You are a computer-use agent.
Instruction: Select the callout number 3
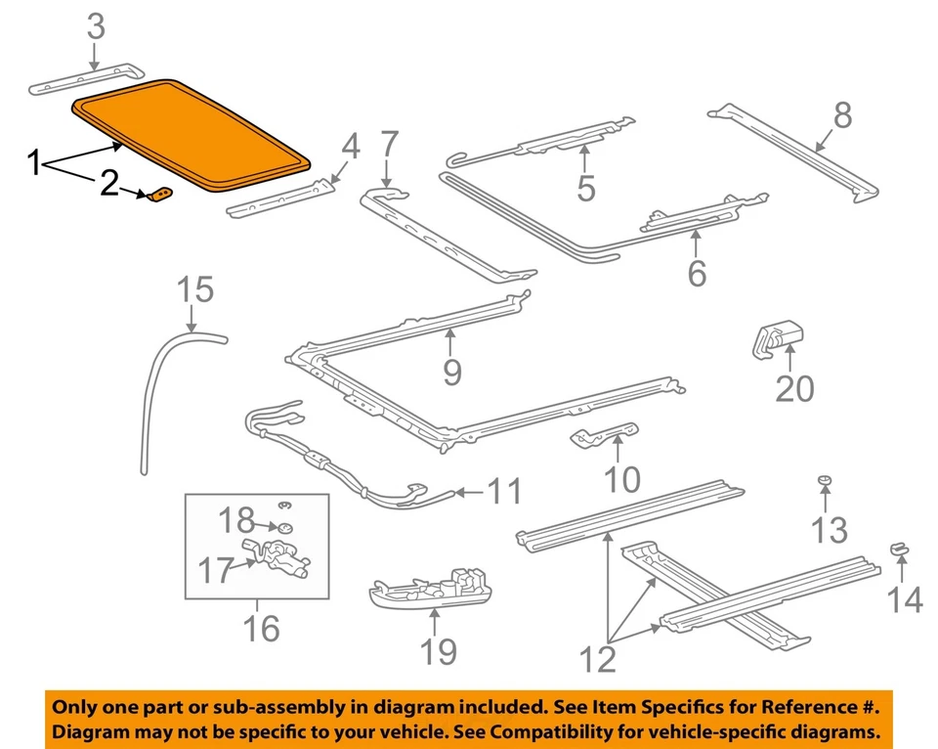point(95,26)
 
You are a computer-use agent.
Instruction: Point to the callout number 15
point(194,289)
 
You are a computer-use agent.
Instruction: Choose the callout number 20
point(794,388)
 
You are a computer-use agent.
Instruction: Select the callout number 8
point(841,116)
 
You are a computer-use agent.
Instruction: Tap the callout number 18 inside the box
point(234,519)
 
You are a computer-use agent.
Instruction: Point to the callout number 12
point(598,659)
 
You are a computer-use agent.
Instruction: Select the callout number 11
point(504,491)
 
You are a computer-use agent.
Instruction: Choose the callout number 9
point(450,372)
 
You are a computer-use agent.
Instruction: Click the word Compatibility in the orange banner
point(554,732)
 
